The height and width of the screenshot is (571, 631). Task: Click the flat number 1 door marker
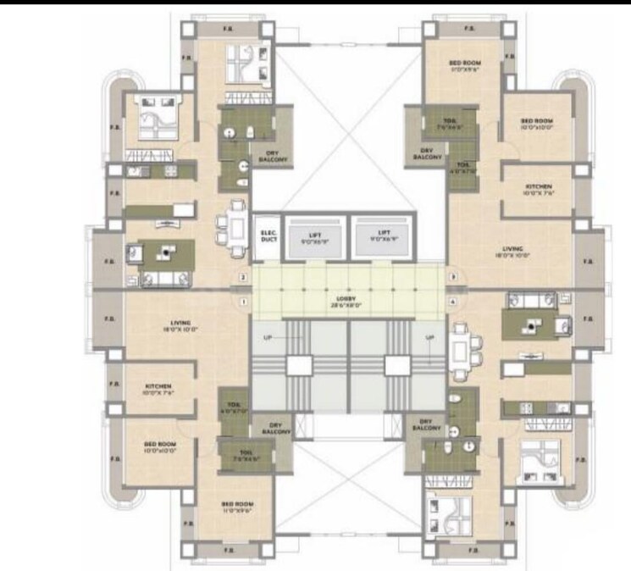[242, 302]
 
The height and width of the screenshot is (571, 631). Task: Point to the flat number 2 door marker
[242, 277]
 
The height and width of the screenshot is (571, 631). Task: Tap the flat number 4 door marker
[453, 302]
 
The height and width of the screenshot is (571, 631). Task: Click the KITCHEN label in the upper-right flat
[539, 188]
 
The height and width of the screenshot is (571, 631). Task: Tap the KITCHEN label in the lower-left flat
[158, 388]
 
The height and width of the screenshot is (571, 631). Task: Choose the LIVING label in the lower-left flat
[180, 324]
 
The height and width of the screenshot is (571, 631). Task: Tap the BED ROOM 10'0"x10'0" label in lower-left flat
[159, 446]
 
